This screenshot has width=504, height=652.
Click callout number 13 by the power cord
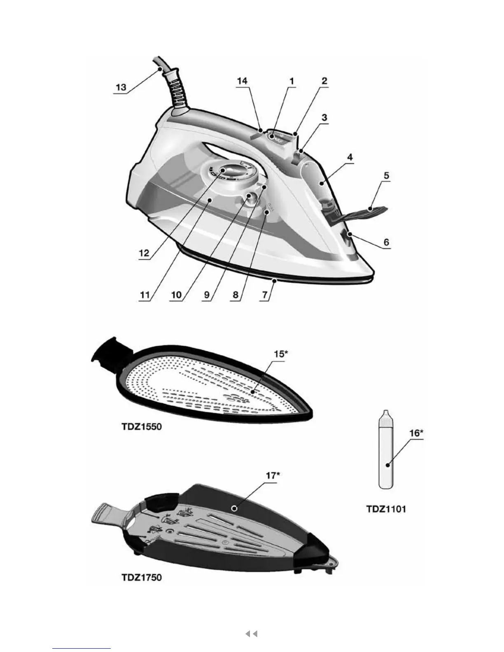pyautogui.click(x=121, y=88)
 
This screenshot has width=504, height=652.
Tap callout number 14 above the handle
pyautogui.click(x=242, y=81)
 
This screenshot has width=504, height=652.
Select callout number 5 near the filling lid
pyautogui.click(x=386, y=175)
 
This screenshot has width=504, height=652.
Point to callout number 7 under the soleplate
pyautogui.click(x=266, y=295)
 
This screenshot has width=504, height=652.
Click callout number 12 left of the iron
pyautogui.click(x=144, y=253)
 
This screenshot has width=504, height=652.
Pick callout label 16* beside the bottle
pyautogui.click(x=415, y=433)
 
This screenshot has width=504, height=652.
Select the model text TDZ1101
pyautogui.click(x=386, y=509)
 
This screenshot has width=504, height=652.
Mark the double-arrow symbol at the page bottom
pyautogui.click(x=251, y=633)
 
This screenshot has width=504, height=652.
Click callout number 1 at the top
pyautogui.click(x=292, y=81)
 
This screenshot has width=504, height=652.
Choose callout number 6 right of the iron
pyautogui.click(x=386, y=242)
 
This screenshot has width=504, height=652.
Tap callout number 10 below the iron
pyautogui.click(x=176, y=295)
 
